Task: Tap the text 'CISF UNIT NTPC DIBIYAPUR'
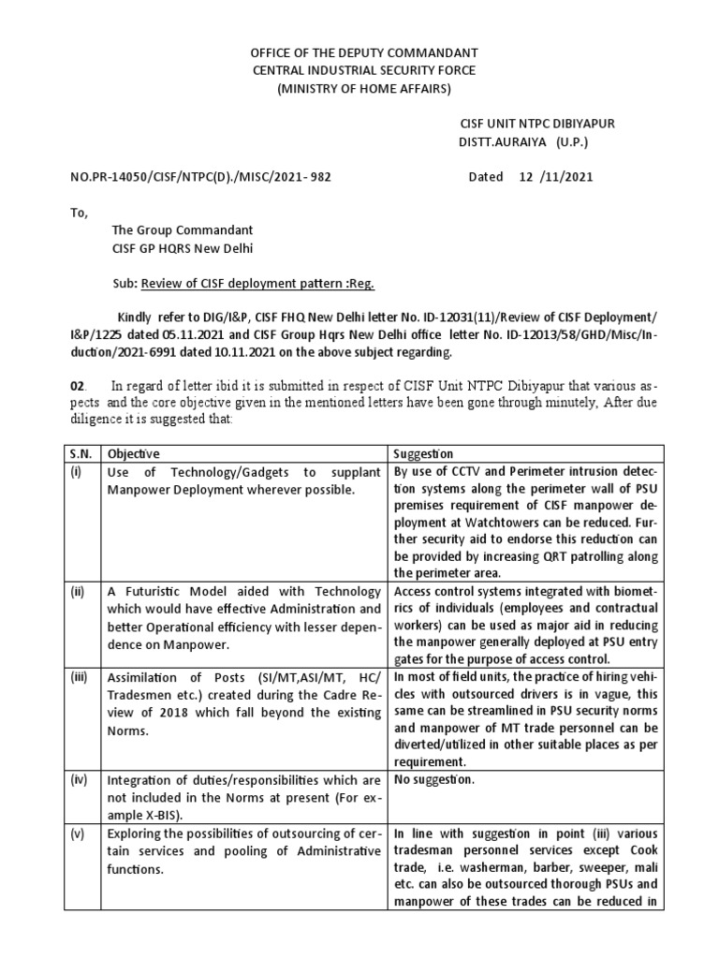coord(536,125)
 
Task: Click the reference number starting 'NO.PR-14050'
coord(199,177)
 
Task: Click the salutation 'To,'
coord(79,213)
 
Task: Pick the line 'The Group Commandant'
coord(182,230)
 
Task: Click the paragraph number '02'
coord(79,385)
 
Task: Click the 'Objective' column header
coord(132,454)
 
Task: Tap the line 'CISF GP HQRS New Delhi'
coord(183,248)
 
